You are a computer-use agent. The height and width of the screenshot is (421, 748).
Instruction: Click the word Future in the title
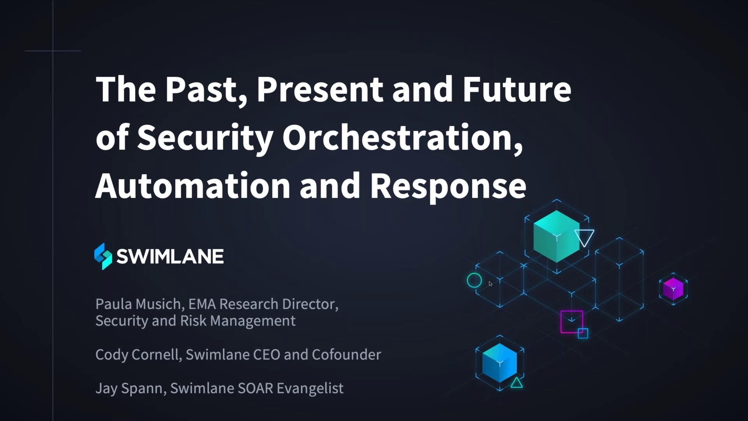tap(517, 89)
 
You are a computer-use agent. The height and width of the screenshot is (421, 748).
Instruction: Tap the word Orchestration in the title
tap(402, 137)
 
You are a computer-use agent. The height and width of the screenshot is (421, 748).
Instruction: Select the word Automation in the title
tap(192, 185)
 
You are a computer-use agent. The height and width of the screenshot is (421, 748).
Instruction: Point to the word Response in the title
tap(448, 186)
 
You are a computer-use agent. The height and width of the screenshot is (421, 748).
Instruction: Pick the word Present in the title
tap(319, 89)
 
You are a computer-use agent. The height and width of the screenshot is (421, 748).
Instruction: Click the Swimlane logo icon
tap(103, 256)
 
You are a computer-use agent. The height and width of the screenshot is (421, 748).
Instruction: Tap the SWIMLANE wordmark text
tap(170, 256)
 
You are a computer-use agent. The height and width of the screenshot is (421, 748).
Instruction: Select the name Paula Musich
tap(138, 304)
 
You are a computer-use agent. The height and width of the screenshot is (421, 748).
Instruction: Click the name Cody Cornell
tap(137, 355)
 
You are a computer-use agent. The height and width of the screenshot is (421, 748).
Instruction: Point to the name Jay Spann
tap(129, 388)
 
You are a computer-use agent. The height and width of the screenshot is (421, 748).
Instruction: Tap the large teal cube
tap(556, 236)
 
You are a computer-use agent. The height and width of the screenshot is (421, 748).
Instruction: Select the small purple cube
tap(673, 289)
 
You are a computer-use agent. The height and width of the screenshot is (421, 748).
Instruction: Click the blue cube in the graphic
tap(499, 363)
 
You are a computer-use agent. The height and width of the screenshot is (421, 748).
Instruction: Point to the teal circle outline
tap(474, 280)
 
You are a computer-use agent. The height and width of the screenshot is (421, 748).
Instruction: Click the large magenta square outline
tap(572, 322)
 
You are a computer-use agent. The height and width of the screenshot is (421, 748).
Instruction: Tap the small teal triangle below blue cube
tap(517, 383)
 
